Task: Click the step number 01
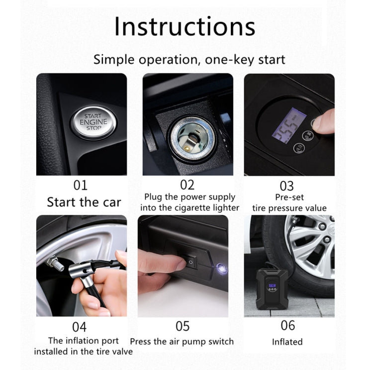(x=80, y=185)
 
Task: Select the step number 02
(x=187, y=185)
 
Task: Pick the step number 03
(x=286, y=186)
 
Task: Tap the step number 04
(x=79, y=327)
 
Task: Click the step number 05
(x=183, y=326)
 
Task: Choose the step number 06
(x=287, y=326)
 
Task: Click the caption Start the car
(x=84, y=202)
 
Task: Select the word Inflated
(x=287, y=342)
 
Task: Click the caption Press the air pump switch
(x=182, y=342)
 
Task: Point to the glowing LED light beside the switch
(x=219, y=268)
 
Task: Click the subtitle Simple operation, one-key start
(x=189, y=60)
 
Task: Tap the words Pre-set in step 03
(x=288, y=197)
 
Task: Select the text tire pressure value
(x=289, y=208)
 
